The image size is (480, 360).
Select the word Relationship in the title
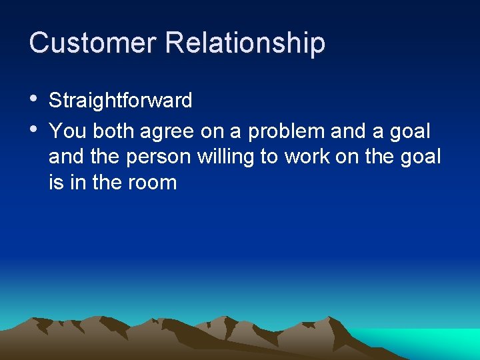(245, 43)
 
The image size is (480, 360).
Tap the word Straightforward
(121, 101)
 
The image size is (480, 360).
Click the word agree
(167, 132)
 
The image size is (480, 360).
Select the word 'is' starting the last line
(55, 182)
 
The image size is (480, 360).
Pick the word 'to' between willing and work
(270, 157)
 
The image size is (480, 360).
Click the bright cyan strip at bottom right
(433, 343)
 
